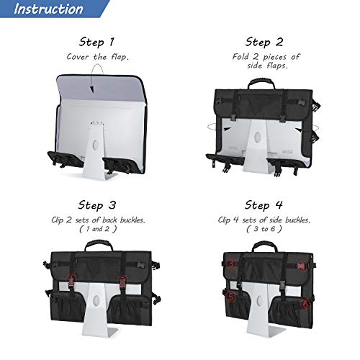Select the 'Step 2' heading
pyautogui.click(x=266, y=42)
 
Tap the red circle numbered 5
pyautogui.click(x=231, y=294)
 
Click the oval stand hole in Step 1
pyautogui.click(x=92, y=145)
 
